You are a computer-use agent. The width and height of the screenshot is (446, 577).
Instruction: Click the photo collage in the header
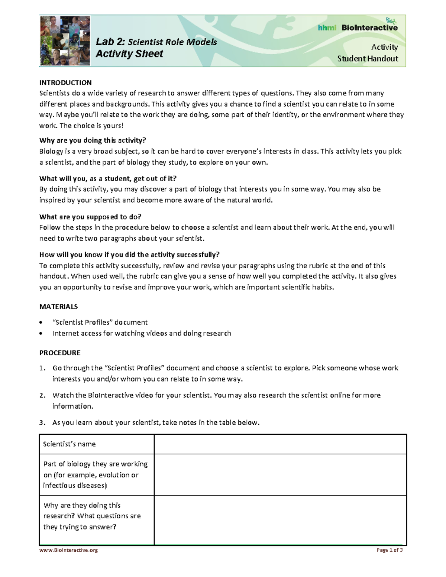click(65, 41)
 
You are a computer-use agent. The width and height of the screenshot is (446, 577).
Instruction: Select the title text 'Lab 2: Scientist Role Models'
click(156, 42)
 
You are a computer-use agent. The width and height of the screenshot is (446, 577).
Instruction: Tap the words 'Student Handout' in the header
click(367, 59)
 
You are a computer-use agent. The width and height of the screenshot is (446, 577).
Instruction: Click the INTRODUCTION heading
click(65, 82)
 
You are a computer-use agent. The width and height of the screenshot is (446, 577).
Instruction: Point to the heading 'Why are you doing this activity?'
click(93, 140)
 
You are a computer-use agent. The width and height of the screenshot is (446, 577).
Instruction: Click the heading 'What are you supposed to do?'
click(90, 217)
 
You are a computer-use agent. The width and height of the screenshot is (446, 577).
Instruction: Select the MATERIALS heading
click(58, 307)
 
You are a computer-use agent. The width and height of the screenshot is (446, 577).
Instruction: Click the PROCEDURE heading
click(60, 353)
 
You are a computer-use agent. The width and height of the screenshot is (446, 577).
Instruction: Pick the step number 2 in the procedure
click(42, 395)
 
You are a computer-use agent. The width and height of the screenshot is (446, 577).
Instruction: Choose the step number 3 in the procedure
click(42, 422)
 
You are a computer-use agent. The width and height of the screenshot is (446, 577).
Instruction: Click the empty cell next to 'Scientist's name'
click(280, 444)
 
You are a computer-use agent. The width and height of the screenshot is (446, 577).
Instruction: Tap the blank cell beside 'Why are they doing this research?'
click(280, 520)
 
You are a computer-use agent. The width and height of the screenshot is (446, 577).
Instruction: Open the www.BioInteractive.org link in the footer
click(68, 550)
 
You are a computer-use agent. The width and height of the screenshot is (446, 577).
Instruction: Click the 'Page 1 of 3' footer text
click(389, 550)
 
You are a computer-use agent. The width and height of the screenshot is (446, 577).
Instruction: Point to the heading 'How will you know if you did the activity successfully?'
click(129, 255)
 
